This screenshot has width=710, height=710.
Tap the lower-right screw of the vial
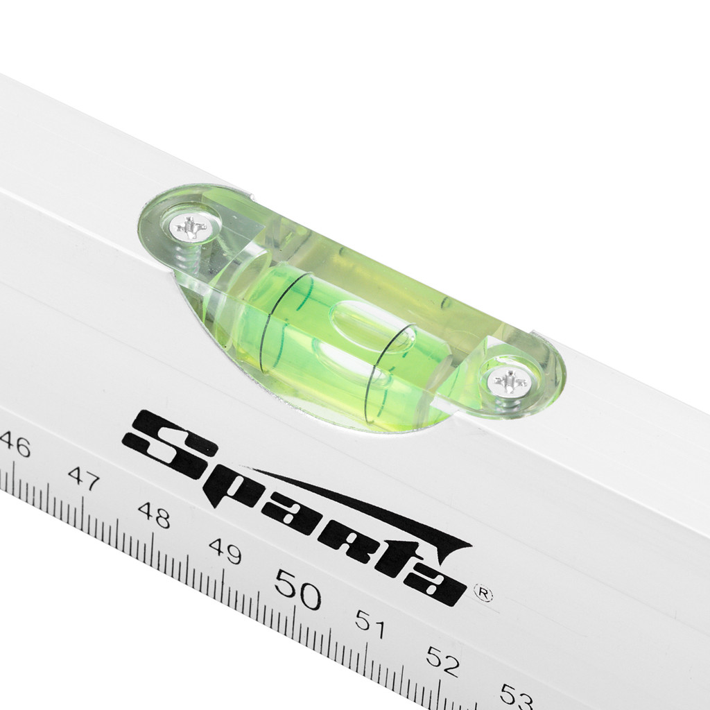[x=511, y=382]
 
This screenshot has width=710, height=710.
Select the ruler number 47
[x=84, y=478]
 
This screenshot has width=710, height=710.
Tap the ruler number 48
[x=155, y=515]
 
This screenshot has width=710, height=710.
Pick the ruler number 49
[x=225, y=551]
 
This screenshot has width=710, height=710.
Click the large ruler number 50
[x=297, y=589]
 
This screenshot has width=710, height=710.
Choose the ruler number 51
[x=370, y=624]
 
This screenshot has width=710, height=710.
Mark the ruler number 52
[x=443, y=661]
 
